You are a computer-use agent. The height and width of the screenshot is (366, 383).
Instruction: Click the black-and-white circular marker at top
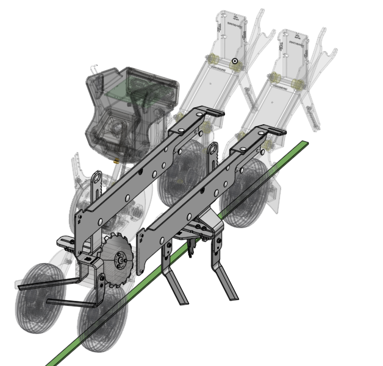[x=234, y=62]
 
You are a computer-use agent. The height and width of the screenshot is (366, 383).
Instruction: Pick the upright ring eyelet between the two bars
[x=212, y=152]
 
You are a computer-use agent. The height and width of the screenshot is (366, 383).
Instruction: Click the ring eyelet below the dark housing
[x=97, y=180]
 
